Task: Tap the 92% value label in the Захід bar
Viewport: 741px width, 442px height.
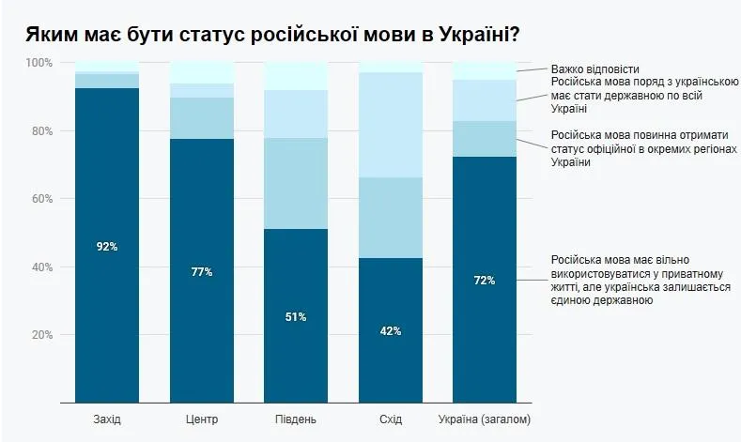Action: click(107, 246)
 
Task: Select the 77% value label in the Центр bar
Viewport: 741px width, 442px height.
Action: click(202, 272)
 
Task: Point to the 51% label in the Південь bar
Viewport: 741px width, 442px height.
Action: click(296, 316)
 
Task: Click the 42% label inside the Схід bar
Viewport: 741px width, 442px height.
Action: click(391, 330)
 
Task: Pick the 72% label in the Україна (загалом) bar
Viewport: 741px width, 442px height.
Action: click(485, 280)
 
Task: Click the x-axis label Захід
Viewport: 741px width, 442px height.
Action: click(107, 418)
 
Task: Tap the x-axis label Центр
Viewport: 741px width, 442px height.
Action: click(202, 418)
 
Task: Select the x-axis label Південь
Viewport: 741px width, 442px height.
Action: click(296, 418)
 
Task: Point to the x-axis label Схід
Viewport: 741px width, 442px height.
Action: click(391, 418)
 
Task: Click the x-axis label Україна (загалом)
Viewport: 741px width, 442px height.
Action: click(485, 418)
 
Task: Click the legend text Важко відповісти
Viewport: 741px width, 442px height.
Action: click(595, 69)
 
